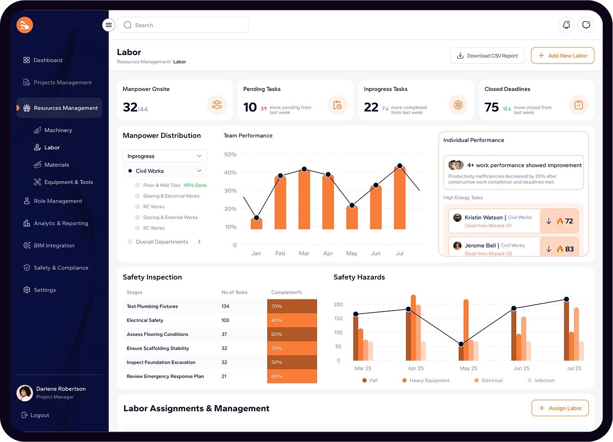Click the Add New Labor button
pyautogui.click(x=562, y=56)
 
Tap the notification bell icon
pyautogui.click(x=566, y=25)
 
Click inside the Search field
pyautogui.click(x=188, y=25)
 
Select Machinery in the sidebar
pyautogui.click(x=58, y=130)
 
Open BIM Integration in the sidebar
pyautogui.click(x=54, y=246)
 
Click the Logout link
pyautogui.click(x=39, y=415)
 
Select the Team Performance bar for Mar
pyautogui.click(x=304, y=199)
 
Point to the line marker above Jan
pyautogui.click(x=256, y=218)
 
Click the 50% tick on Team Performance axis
pyautogui.click(x=231, y=154)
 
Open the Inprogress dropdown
pyautogui.click(x=165, y=156)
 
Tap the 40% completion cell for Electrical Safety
pyautogui.click(x=292, y=320)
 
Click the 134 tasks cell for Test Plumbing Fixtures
pyautogui.click(x=225, y=307)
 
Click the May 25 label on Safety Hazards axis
pyautogui.click(x=468, y=369)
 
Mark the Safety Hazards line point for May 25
pyautogui.click(x=461, y=344)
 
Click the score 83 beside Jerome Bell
pyautogui.click(x=569, y=249)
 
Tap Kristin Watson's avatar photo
pyautogui.click(x=457, y=218)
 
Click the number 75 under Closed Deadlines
pyautogui.click(x=491, y=107)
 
